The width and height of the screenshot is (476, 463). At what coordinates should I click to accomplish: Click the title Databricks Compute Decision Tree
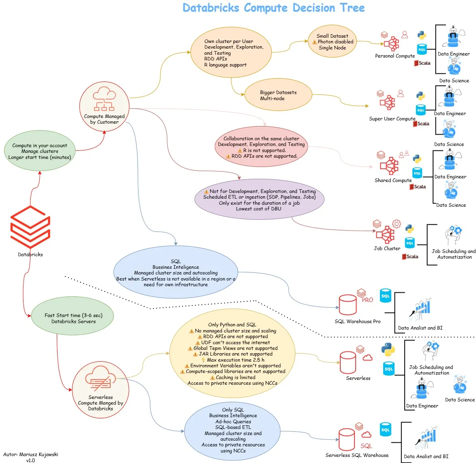click(x=273, y=8)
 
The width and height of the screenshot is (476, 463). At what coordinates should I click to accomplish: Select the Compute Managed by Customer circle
click(x=104, y=106)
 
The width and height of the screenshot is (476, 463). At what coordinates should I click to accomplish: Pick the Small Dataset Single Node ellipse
click(x=332, y=42)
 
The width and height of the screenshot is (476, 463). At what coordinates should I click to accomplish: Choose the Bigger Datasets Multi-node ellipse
click(x=278, y=95)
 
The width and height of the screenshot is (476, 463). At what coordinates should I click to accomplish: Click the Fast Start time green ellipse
click(x=73, y=318)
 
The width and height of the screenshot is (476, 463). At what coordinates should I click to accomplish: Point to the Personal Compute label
click(x=395, y=56)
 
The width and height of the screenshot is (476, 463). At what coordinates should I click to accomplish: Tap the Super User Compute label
click(x=392, y=119)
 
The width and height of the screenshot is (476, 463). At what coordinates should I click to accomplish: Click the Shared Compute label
click(x=393, y=180)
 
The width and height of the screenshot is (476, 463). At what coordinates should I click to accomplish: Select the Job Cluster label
click(x=387, y=249)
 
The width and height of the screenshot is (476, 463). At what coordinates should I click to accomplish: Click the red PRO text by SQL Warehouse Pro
click(x=367, y=300)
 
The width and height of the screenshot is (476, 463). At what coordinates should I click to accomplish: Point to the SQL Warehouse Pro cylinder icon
click(x=348, y=305)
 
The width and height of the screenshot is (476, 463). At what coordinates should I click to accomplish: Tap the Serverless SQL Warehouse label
click(x=357, y=455)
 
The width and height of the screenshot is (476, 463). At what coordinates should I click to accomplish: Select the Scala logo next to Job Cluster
click(x=410, y=257)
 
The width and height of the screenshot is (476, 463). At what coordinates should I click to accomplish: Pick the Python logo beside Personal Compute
click(x=422, y=35)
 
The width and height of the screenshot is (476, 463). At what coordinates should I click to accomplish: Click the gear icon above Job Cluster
click(x=397, y=224)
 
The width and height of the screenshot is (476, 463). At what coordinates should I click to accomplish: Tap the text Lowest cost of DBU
click(x=258, y=209)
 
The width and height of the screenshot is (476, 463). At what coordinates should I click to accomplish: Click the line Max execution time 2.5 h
click(x=235, y=360)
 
